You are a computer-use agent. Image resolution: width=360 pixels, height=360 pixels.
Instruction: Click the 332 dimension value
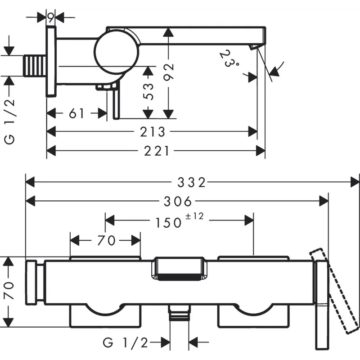click(192, 183)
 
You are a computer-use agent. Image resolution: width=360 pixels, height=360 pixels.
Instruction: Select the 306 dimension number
click(177, 201)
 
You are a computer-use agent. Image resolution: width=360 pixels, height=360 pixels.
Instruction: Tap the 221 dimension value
click(157, 151)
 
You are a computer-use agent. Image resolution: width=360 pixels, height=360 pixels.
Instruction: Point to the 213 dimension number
click(153, 132)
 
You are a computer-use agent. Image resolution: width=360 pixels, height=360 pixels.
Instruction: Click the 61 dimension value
click(76, 113)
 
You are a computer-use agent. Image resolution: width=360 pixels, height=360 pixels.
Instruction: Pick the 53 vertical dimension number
click(148, 92)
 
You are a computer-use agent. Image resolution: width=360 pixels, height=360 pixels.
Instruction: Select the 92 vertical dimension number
click(169, 72)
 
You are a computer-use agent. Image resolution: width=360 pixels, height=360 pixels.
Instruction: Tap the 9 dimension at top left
click(51, 17)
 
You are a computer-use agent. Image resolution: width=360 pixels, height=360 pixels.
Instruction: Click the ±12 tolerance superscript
click(194, 216)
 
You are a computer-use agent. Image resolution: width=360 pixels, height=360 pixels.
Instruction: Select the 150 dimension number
click(168, 223)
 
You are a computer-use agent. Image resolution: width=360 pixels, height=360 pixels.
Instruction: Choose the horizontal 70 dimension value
click(106, 240)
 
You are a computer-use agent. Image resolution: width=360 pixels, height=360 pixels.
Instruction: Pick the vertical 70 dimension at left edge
click(9, 291)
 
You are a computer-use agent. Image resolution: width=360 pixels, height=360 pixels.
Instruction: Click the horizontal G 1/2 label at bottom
click(126, 343)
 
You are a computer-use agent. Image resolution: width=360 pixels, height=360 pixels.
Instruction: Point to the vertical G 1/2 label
click(9, 121)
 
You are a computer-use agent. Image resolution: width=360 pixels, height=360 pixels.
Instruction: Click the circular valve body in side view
click(117, 52)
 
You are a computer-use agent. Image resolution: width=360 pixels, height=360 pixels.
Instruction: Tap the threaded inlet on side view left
click(35, 65)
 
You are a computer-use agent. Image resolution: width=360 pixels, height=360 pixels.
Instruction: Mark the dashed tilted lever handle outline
click(334, 290)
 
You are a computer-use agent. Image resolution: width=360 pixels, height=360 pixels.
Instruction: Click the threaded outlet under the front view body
click(179, 313)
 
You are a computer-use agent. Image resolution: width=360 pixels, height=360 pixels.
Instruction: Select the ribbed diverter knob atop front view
click(179, 269)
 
